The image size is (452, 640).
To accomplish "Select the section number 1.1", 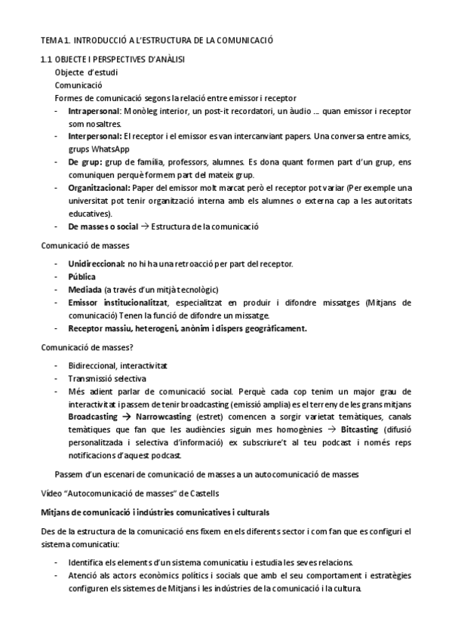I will tap(47, 60).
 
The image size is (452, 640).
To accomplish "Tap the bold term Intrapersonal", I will tap(94, 111).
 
